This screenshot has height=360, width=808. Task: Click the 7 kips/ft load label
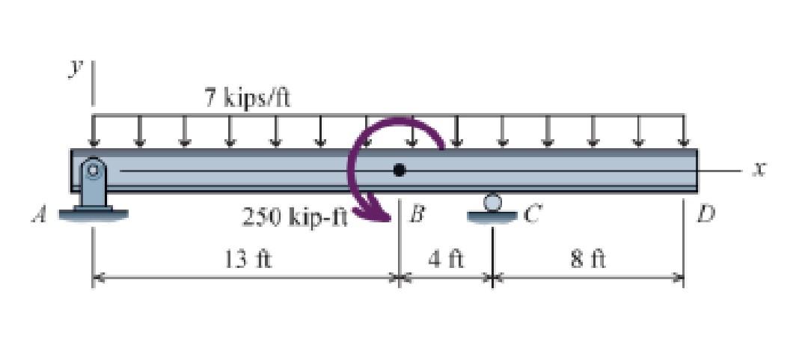tap(248, 97)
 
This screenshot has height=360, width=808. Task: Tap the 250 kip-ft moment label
tap(295, 218)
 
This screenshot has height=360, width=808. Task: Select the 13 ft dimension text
tap(248, 258)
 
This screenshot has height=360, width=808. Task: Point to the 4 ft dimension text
tap(446, 258)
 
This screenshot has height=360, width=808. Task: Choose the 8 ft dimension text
tap(588, 258)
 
